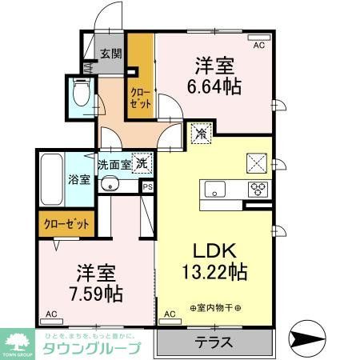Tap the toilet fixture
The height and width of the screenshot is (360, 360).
coord(81,94)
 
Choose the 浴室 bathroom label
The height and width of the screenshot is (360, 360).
coord(79,181)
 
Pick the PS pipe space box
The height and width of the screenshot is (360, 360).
coord(147,186)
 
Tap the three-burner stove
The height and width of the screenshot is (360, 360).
coord(258,190)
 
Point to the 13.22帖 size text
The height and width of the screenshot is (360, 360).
coord(212,272)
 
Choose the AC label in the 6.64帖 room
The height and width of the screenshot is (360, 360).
coord(258,46)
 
